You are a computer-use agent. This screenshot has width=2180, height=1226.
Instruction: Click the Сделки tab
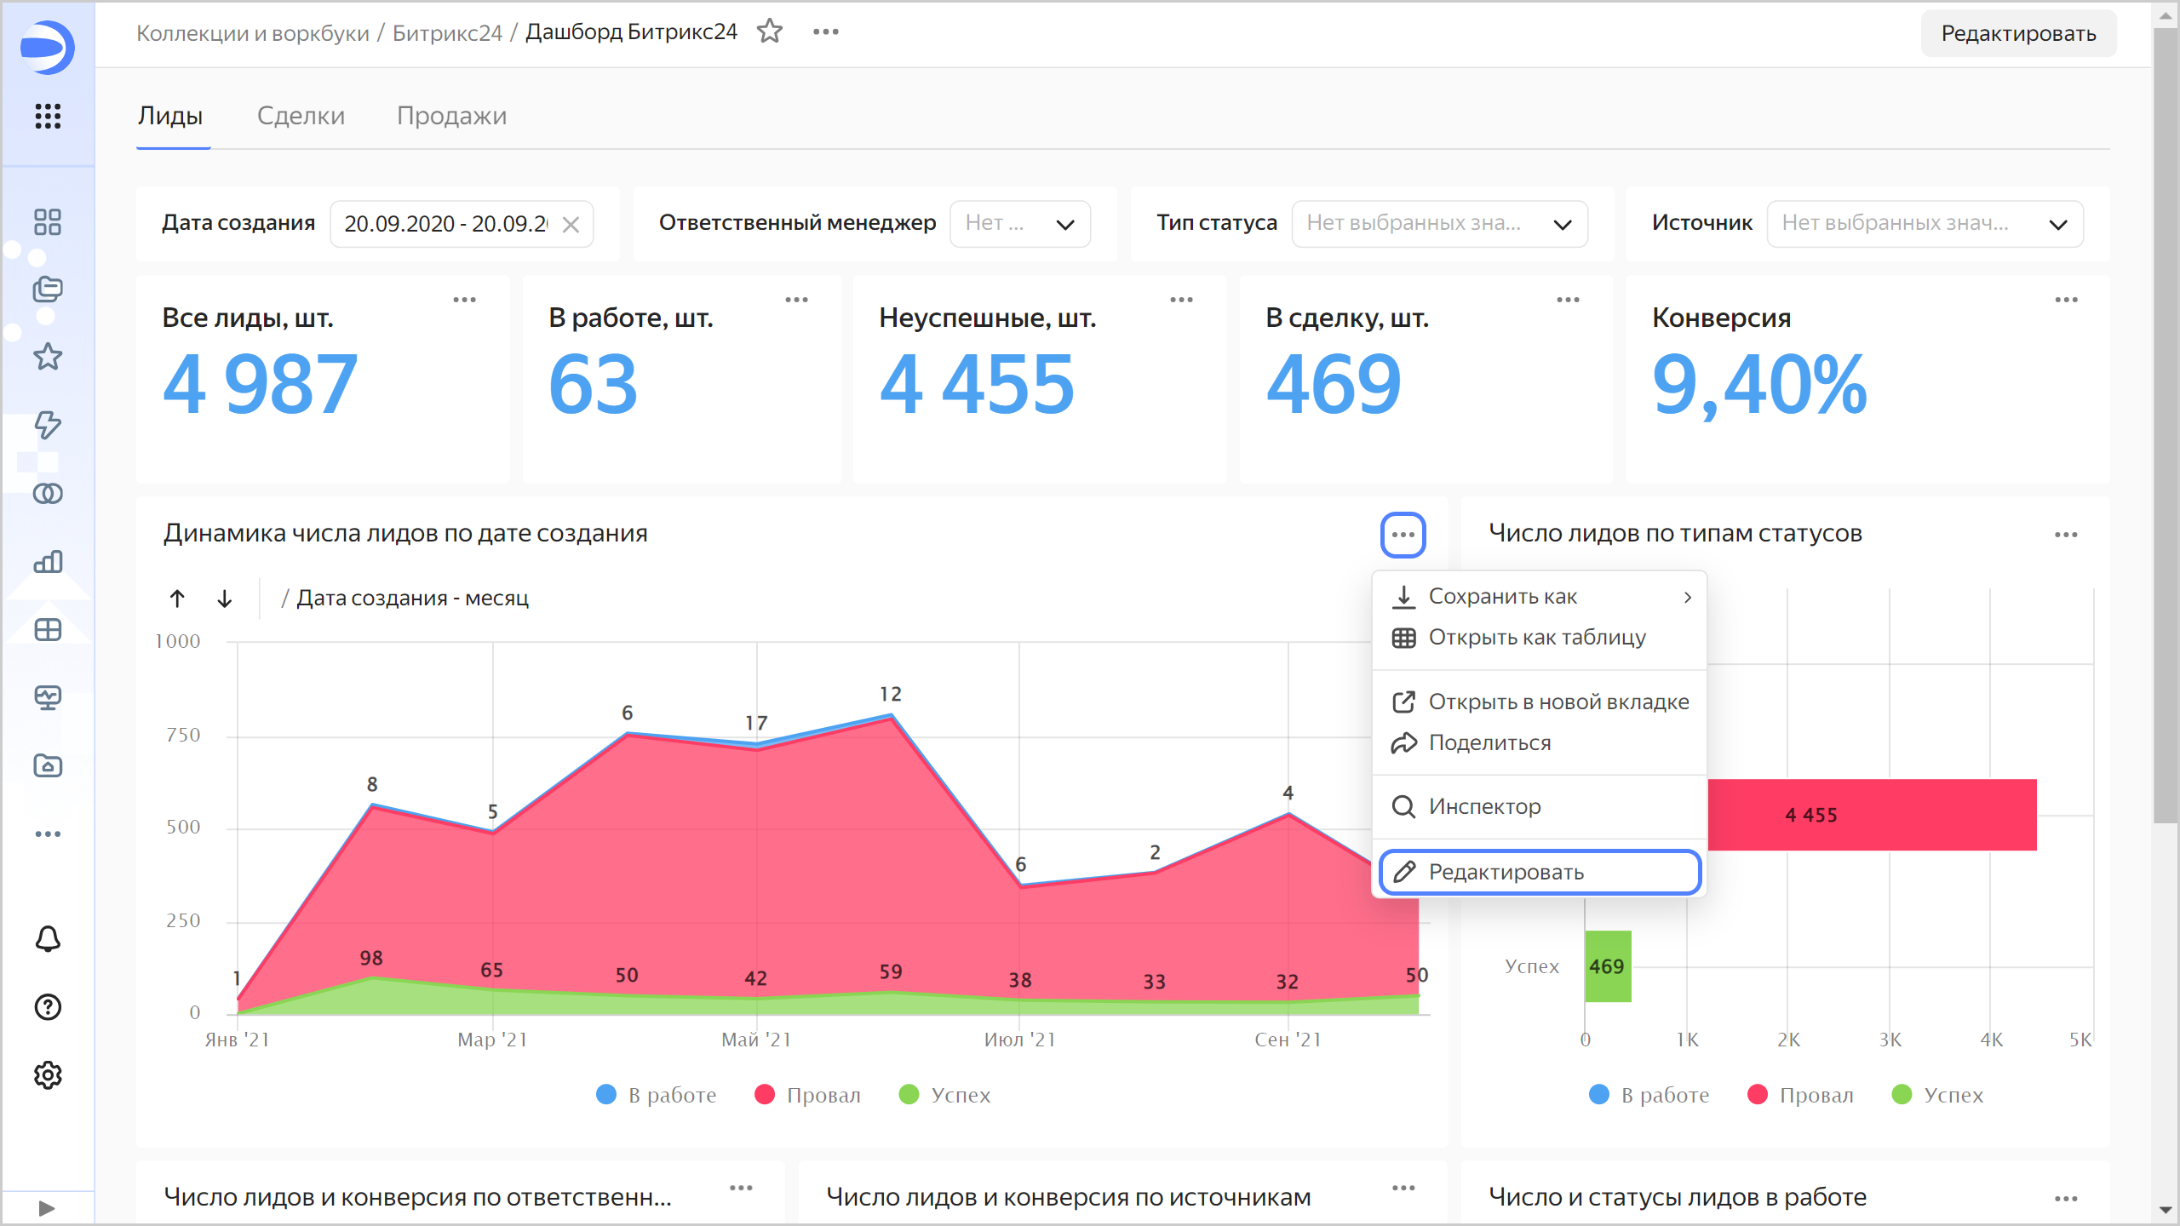pyautogui.click(x=301, y=116)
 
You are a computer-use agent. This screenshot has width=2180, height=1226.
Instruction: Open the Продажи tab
pyautogui.click(x=451, y=116)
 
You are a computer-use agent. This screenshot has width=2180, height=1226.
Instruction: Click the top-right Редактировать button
pyautogui.click(x=2017, y=33)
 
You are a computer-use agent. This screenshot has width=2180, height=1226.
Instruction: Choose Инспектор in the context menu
pyautogui.click(x=1484, y=806)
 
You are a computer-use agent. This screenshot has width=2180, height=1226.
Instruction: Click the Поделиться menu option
pyautogui.click(x=1489, y=742)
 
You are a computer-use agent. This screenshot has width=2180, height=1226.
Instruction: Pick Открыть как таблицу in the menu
pyautogui.click(x=1536, y=637)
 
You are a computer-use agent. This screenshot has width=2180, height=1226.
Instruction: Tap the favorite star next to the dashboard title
pyautogui.click(x=770, y=32)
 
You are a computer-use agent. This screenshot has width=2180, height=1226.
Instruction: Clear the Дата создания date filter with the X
pyautogui.click(x=571, y=224)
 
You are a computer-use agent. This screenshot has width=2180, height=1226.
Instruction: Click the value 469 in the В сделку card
pyautogui.click(x=1334, y=386)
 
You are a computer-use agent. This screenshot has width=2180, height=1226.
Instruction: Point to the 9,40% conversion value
pyautogui.click(x=1759, y=386)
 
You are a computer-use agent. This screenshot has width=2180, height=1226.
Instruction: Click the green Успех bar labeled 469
pyautogui.click(x=1607, y=966)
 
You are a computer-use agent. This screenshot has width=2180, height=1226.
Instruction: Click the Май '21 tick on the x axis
pyautogui.click(x=756, y=1040)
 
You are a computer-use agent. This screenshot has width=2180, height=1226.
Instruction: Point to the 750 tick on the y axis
pyautogui.click(x=183, y=735)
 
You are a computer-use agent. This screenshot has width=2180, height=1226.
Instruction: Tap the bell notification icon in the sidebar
pyautogui.click(x=48, y=939)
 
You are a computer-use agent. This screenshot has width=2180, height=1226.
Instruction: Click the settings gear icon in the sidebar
pyautogui.click(x=48, y=1075)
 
